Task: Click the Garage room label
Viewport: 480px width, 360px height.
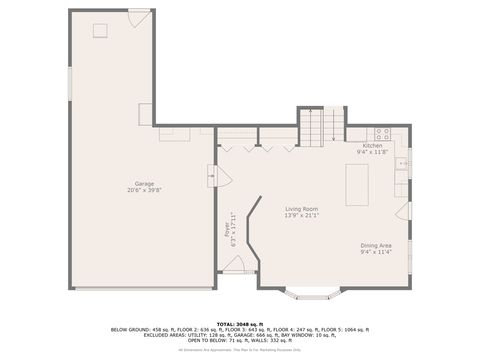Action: coord(145,183)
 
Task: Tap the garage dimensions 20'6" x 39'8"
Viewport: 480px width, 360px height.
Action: coord(145,190)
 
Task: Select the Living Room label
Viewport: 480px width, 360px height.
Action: coord(301,208)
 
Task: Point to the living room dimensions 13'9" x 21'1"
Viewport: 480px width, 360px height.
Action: coord(301,215)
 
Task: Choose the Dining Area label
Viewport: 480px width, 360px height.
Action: coord(376,245)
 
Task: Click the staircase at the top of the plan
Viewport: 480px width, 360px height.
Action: coord(321,125)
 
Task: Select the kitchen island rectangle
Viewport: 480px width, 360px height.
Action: coord(357,183)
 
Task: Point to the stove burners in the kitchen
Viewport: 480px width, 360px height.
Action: coord(381,133)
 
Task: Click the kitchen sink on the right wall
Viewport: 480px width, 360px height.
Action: coord(402,163)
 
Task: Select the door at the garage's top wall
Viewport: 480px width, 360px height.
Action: coord(137,19)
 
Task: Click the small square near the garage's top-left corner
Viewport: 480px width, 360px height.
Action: coord(100,30)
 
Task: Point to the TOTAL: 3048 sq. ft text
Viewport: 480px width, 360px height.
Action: coord(239,322)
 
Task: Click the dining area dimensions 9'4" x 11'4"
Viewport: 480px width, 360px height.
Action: coord(376,252)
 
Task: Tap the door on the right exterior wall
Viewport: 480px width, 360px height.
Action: coord(403,212)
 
